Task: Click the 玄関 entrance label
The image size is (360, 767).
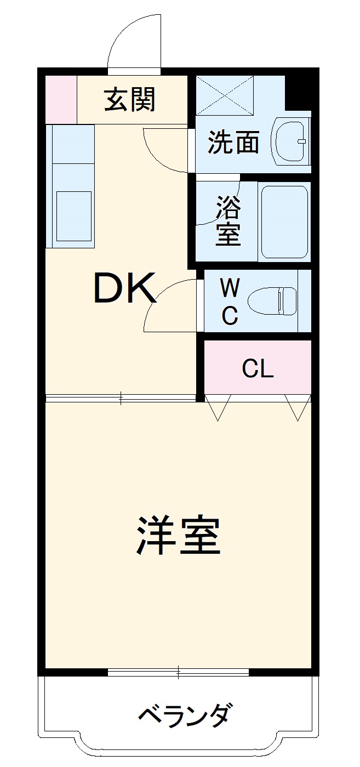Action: [130, 100]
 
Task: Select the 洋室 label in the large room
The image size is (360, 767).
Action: [178, 535]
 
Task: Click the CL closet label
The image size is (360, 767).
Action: [258, 370]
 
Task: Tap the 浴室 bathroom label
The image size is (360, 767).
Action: [228, 220]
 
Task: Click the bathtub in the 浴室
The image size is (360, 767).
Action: [284, 221]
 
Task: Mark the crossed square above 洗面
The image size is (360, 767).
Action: [225, 95]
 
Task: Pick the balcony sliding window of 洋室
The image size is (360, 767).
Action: [179, 672]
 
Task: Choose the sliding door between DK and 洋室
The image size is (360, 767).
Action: [121, 398]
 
